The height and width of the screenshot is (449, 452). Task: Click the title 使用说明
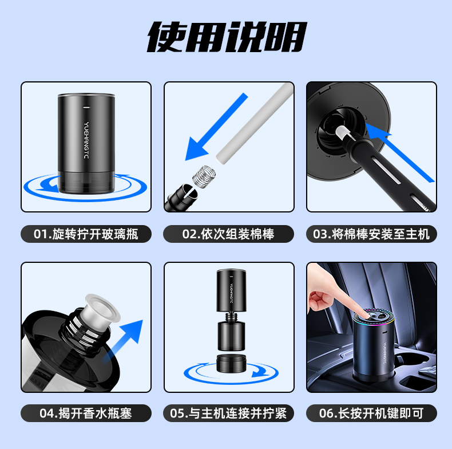(227, 37)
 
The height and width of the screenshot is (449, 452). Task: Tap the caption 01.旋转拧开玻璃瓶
(86, 234)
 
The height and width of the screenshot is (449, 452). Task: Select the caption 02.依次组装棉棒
(228, 234)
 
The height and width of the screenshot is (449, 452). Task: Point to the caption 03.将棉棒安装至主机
(371, 234)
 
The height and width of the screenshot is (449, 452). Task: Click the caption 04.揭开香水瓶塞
(86, 413)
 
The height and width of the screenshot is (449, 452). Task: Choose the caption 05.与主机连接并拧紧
(228, 413)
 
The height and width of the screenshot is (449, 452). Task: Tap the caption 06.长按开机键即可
(371, 413)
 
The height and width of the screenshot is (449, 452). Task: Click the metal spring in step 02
(204, 176)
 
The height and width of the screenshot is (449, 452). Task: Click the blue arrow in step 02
(216, 127)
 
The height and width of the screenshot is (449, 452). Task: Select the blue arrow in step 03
(400, 152)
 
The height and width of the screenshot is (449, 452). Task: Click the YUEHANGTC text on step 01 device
(86, 140)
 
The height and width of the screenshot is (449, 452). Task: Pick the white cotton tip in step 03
(343, 133)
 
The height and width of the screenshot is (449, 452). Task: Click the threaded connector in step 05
(231, 317)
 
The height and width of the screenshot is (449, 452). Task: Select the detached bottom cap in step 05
(231, 363)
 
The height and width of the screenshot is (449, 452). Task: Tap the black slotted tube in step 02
(181, 197)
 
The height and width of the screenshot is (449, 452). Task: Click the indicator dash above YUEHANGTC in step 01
(86, 107)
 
